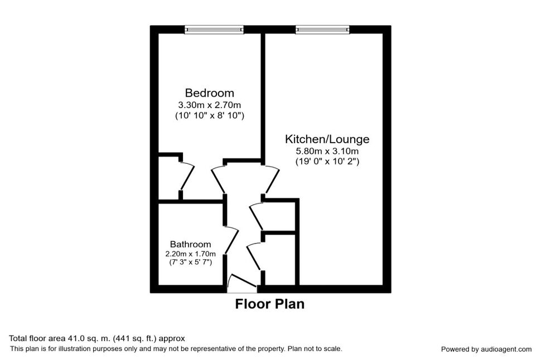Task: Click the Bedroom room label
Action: pos(210,93)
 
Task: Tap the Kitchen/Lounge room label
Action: pos(327,139)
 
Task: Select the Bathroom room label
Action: pos(190,245)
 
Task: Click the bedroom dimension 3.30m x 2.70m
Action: pos(210,105)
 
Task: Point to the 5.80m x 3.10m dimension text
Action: pos(327,151)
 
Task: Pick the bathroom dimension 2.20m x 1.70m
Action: pos(190,254)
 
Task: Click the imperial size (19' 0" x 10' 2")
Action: pos(327,162)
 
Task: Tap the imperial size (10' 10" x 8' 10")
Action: pos(210,115)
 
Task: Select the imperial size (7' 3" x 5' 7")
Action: pos(190,262)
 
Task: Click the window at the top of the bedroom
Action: pos(214,30)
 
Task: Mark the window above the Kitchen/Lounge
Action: pos(322,30)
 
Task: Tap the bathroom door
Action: pos(231,241)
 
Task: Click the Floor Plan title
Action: pos(270,304)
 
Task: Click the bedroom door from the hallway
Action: pos(218,180)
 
